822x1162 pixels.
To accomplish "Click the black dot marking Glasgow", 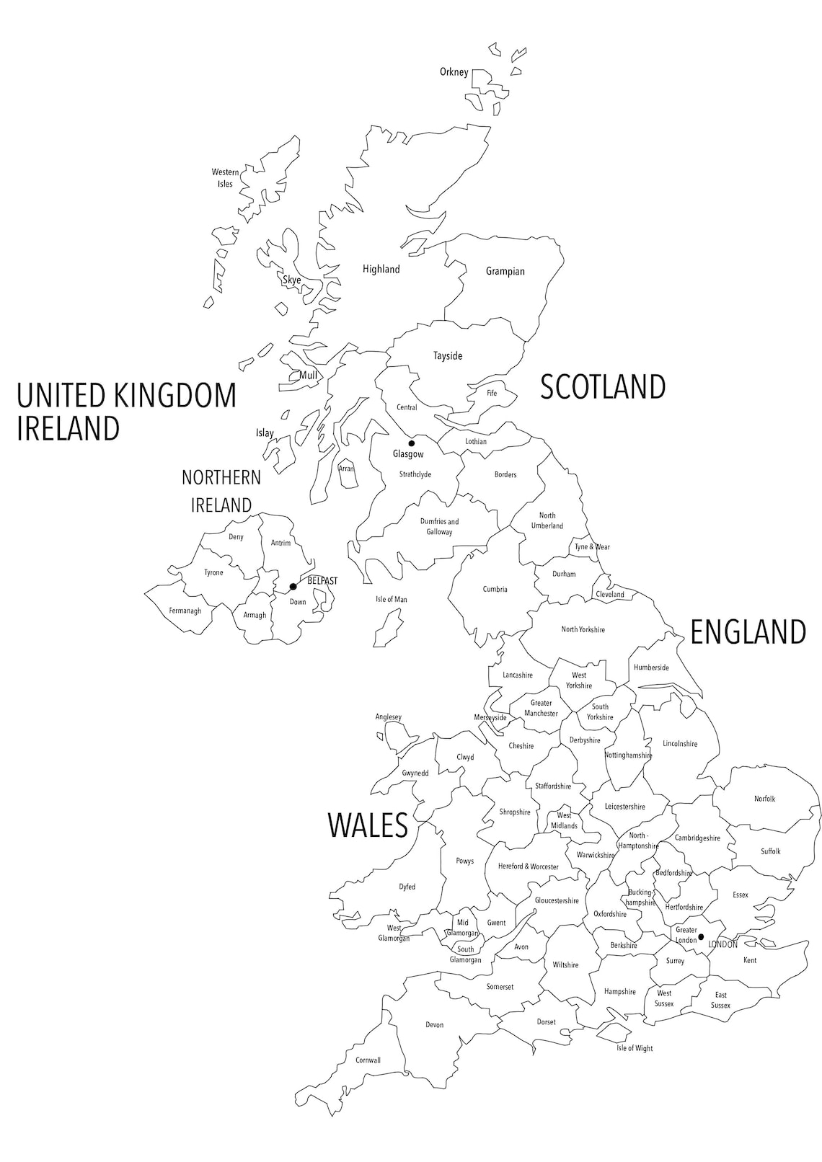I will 412,443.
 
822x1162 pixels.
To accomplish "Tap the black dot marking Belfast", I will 293,587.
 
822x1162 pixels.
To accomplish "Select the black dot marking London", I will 701,936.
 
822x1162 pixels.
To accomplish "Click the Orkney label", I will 454,72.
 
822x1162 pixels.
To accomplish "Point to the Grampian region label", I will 505,272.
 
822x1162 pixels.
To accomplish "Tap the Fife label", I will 492,394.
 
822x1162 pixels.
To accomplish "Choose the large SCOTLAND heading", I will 603,387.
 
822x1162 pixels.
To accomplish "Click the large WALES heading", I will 368,825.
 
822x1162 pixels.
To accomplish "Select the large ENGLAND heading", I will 748,632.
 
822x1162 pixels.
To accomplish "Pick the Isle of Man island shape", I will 387,627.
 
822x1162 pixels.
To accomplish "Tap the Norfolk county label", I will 765,799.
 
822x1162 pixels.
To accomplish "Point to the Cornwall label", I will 368,1060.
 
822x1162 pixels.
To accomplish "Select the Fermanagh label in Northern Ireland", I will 185,611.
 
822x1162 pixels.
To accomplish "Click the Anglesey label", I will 388,717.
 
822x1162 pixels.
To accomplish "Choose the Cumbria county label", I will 495,590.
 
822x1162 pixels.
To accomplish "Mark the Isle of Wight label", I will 635,1048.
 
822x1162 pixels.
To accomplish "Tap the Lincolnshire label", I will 680,744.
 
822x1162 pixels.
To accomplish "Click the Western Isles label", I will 225,178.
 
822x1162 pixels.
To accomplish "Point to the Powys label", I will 465,861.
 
